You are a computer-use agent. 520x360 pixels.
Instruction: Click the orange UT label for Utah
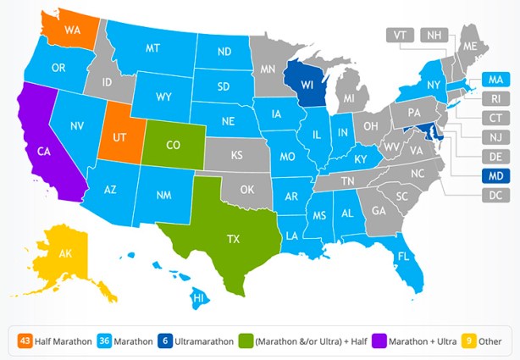120,137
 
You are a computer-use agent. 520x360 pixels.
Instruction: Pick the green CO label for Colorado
172,145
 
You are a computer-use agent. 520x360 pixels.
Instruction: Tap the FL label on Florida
405,255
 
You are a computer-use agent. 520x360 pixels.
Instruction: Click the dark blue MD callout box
494,176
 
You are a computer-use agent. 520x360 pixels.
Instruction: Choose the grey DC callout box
494,196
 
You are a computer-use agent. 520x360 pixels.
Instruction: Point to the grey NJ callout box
494,137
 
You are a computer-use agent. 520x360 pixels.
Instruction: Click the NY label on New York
433,85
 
